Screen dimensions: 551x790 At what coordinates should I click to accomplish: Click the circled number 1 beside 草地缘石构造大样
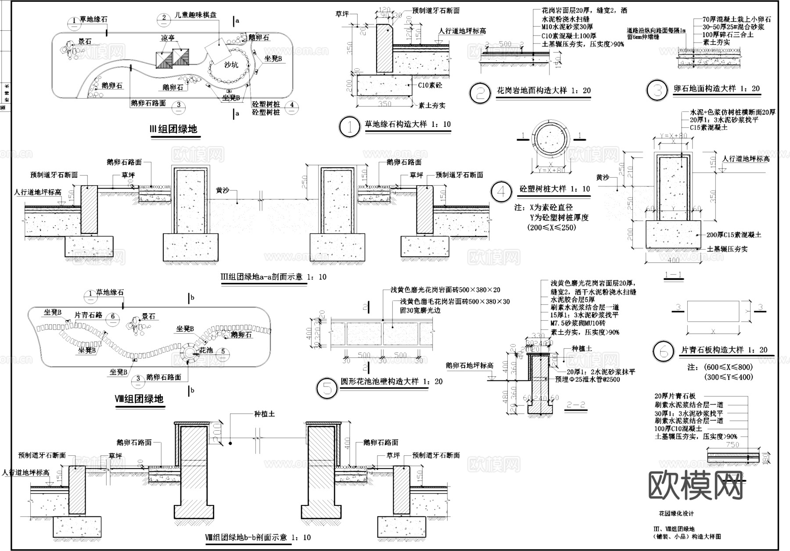[x=350, y=128]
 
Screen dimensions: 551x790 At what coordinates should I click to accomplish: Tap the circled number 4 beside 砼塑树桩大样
[x=501, y=192]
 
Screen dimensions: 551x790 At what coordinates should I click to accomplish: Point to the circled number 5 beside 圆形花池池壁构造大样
[x=327, y=388]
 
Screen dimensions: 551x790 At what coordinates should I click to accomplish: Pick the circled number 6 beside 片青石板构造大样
[x=663, y=352]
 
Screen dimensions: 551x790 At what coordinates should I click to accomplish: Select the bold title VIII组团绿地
[x=140, y=399]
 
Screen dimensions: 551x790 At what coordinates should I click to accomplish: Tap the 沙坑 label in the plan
[x=231, y=65]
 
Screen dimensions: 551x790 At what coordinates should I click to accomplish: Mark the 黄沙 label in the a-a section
[x=222, y=191]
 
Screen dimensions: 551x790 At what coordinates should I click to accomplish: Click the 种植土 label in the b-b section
[x=264, y=414]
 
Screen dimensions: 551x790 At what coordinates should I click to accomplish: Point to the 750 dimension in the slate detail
[x=733, y=445]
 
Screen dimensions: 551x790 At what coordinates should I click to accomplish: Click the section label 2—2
[x=576, y=404]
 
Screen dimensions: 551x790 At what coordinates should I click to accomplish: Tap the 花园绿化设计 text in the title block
[x=676, y=514]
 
